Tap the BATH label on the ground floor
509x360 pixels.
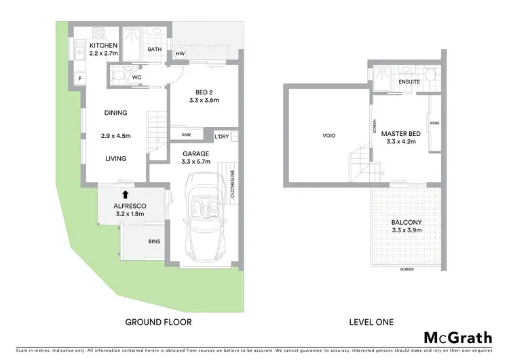coord(154,49)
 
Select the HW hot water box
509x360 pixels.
coord(180,54)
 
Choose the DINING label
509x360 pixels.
coord(115,113)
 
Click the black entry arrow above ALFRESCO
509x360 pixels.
coord(118,194)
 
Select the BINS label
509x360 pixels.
coord(154,240)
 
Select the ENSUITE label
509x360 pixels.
coord(409,82)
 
